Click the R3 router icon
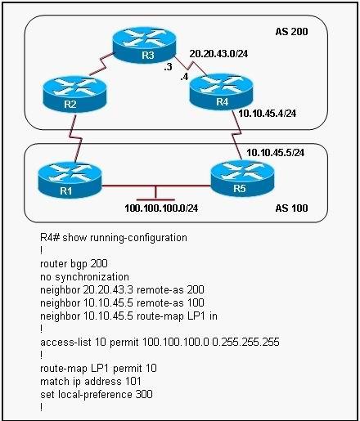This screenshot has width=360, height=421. pyautogui.click(x=145, y=45)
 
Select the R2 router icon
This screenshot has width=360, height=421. pyautogui.click(x=74, y=94)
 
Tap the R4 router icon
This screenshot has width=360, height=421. pyautogui.click(x=221, y=92)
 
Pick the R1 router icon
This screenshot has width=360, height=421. pyautogui.click(x=70, y=180)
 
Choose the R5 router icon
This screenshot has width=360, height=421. pyautogui.click(x=242, y=177)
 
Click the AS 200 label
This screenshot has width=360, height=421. pyautogui.click(x=291, y=32)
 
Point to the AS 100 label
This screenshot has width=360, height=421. pyautogui.click(x=291, y=208)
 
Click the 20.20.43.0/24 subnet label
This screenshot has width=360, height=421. pyautogui.click(x=218, y=54)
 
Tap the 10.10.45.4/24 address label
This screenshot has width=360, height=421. pyautogui.click(x=268, y=113)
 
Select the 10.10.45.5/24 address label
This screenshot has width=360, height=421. pyautogui.click(x=276, y=153)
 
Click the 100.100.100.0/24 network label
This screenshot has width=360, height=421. pyautogui.click(x=161, y=208)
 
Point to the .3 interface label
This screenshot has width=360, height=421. pyautogui.click(x=168, y=67)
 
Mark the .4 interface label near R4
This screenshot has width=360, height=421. pyautogui.click(x=184, y=77)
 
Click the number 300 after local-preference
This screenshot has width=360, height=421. pyautogui.click(x=144, y=394)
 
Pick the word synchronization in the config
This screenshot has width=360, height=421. pyautogui.click(x=92, y=277)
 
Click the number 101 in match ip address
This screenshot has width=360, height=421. pyautogui.click(x=133, y=381)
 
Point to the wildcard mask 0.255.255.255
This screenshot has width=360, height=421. pyautogui.click(x=245, y=342)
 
